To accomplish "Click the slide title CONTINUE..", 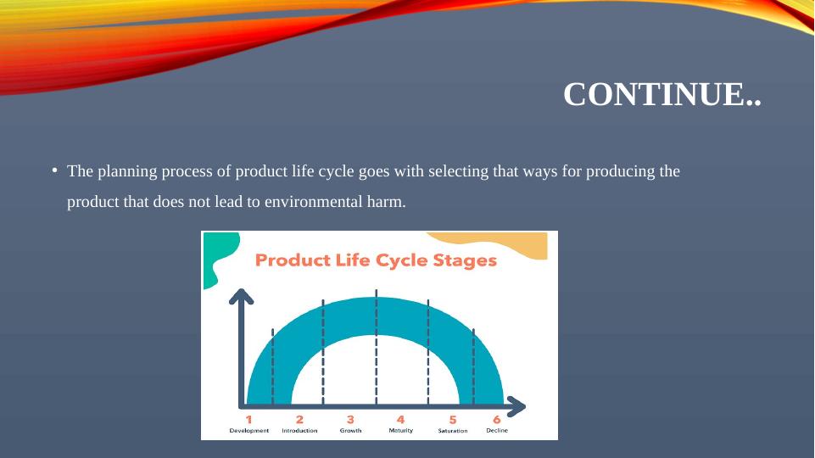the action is point(662,94).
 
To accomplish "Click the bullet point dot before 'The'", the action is point(54,170).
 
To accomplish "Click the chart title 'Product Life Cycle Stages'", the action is point(376,260).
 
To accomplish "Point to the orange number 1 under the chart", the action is point(249,420).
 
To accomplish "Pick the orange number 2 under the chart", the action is point(299,420).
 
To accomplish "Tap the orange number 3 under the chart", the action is point(350,420).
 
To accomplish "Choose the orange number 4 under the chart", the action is point(401,420).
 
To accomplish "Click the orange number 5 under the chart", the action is point(453,420).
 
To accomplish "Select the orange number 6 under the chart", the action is point(497,420).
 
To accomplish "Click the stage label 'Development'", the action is point(249,431).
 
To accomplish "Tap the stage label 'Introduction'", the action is point(299,431).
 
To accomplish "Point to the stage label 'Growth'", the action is point(350,431).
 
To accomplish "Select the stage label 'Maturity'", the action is point(401,431).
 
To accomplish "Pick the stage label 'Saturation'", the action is point(453,431).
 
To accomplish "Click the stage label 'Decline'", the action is point(497,431).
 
